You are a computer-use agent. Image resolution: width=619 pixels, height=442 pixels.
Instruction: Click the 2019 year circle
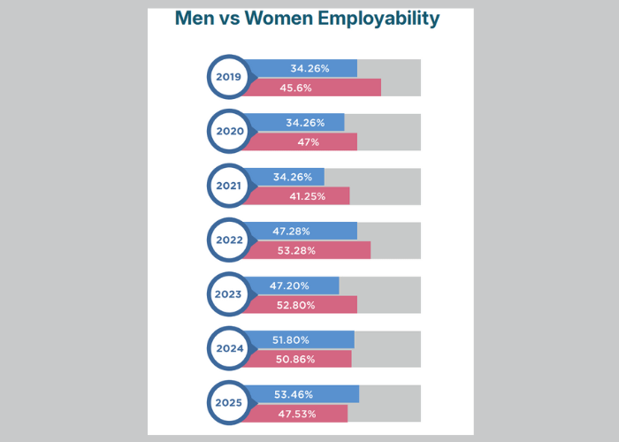(x=229, y=77)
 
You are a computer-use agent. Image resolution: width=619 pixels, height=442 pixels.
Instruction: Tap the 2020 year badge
(x=229, y=132)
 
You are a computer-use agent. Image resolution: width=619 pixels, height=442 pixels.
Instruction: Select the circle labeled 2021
(x=229, y=187)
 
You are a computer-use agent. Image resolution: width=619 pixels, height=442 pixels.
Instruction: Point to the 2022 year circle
(x=229, y=240)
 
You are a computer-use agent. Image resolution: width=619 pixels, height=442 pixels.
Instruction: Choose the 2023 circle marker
(x=229, y=295)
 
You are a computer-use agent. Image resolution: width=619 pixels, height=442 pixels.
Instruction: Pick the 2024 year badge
(x=229, y=349)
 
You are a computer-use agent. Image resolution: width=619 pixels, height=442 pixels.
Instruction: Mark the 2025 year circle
(x=229, y=404)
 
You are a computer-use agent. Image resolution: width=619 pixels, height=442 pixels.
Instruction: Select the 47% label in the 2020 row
(x=308, y=141)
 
